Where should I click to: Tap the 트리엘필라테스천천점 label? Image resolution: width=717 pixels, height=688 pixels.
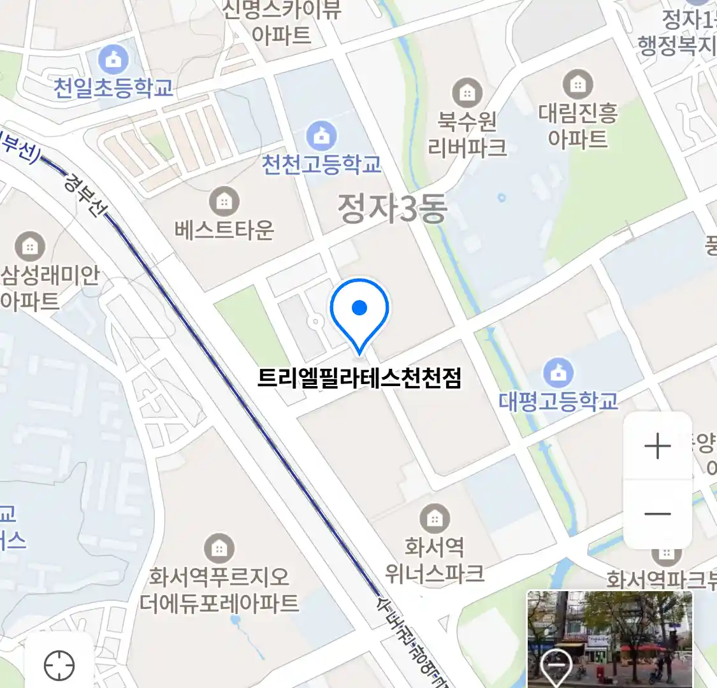[359, 378]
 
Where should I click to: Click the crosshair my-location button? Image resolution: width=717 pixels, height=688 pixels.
[59, 666]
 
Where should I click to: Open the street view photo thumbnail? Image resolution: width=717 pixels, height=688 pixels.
[609, 639]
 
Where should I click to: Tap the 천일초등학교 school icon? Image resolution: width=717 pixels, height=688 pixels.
[113, 61]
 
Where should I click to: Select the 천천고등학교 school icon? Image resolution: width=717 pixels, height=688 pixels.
[322, 135]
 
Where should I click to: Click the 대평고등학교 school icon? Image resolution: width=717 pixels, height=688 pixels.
[558, 373]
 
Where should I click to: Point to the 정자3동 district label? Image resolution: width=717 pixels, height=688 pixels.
[392, 209]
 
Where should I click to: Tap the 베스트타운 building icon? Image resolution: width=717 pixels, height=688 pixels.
[224, 202]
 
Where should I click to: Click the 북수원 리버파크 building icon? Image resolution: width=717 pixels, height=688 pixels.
[467, 93]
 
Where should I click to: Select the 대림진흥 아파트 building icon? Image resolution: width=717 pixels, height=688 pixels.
[577, 84]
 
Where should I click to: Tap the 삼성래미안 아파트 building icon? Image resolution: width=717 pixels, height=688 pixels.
[29, 246]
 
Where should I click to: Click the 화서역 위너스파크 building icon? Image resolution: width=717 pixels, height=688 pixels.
[434, 519]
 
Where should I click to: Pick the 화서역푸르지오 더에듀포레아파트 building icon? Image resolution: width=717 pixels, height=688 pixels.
[219, 548]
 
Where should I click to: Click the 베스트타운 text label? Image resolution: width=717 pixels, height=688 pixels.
[224, 229]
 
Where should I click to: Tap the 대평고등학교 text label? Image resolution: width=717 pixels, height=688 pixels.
[558, 401]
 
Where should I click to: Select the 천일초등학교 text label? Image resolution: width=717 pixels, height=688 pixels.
[113, 88]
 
